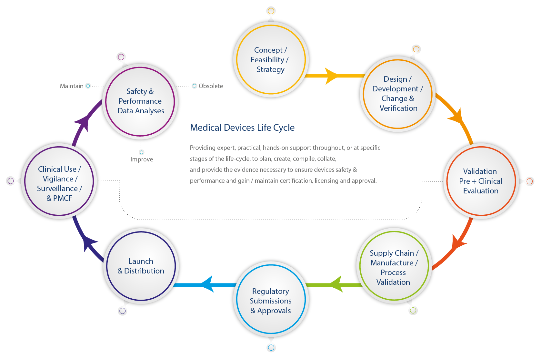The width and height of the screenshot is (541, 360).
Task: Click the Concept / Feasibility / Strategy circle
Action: (x=271, y=60)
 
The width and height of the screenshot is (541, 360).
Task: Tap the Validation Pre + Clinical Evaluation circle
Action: (x=481, y=181)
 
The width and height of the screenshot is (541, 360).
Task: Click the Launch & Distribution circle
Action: (x=141, y=266)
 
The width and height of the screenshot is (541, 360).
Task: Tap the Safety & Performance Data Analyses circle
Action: (x=140, y=101)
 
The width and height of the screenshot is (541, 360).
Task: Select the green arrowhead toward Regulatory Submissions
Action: (x=336, y=284)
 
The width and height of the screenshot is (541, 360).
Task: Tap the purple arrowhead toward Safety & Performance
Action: (x=83, y=123)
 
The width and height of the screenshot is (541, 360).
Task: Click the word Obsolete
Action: (x=211, y=86)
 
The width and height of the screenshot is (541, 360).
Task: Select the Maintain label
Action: (x=72, y=86)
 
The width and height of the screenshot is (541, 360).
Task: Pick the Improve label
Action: (x=142, y=159)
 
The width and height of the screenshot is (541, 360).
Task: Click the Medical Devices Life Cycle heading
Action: (x=242, y=128)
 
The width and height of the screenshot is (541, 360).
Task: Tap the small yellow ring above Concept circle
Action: (x=271, y=11)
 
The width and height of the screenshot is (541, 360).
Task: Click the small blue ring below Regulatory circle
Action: (x=271, y=348)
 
